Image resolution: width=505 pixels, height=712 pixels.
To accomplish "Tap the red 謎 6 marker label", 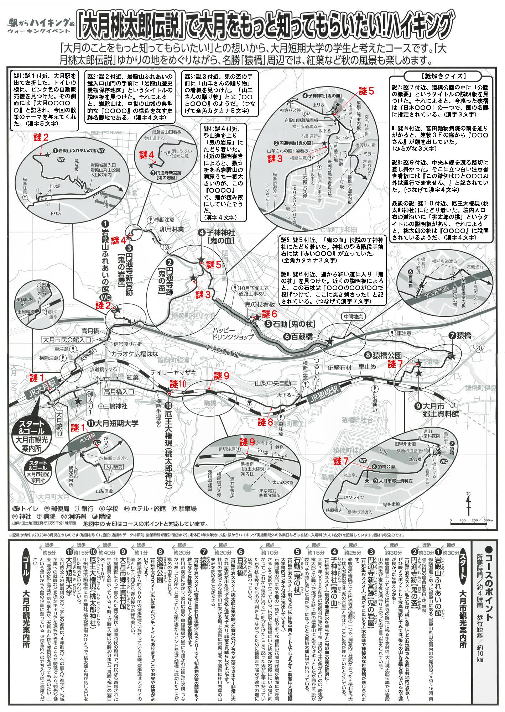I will pyautogui.click(x=270, y=314).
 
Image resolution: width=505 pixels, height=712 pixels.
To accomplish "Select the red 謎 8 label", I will pyautogui.click(x=265, y=422).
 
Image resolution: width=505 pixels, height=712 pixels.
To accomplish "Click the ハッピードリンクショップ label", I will pyautogui.click(x=232, y=333).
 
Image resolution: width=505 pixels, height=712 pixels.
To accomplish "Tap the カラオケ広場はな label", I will pyautogui.click(x=134, y=354).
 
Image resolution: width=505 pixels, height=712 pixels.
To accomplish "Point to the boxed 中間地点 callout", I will pyautogui.click(x=353, y=316).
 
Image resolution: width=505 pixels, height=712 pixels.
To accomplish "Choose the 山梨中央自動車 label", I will pyautogui.click(x=276, y=383).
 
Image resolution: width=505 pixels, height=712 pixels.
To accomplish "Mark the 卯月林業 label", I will pyautogui.click(x=172, y=230).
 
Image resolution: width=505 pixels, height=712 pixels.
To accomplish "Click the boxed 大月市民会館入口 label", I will pyautogui.click(x=67, y=340).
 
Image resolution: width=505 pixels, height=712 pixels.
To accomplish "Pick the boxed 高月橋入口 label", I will pyautogui.click(x=119, y=392).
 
